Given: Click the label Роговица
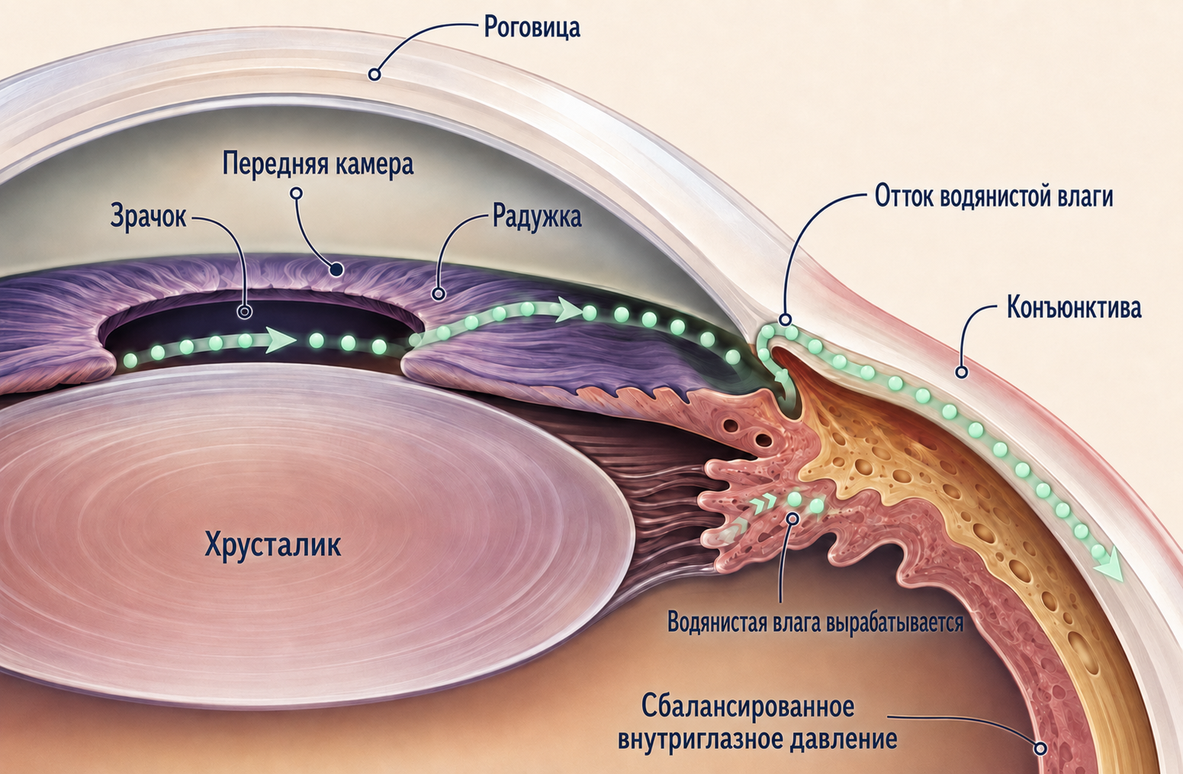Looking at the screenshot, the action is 532,28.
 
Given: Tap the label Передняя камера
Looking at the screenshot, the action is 318,164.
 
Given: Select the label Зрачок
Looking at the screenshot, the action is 149,217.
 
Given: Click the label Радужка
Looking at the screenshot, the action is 537,217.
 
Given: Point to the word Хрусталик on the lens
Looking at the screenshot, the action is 272,545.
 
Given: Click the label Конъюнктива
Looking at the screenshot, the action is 1074,308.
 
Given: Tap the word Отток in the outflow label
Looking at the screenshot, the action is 905,197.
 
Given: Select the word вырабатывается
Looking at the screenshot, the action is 895,622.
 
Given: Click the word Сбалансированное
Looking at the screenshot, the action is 747,707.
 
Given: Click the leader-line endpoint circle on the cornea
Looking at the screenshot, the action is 375,74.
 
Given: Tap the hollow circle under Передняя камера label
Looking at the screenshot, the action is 297,194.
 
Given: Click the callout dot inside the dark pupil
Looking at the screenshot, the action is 244,312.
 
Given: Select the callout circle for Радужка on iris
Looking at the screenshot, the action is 438,293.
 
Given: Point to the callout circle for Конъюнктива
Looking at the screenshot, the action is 963,372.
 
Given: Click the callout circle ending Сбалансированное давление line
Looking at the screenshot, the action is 1040,749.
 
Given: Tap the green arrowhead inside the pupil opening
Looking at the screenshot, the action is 279,340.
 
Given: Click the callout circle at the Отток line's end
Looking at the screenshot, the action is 786,319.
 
